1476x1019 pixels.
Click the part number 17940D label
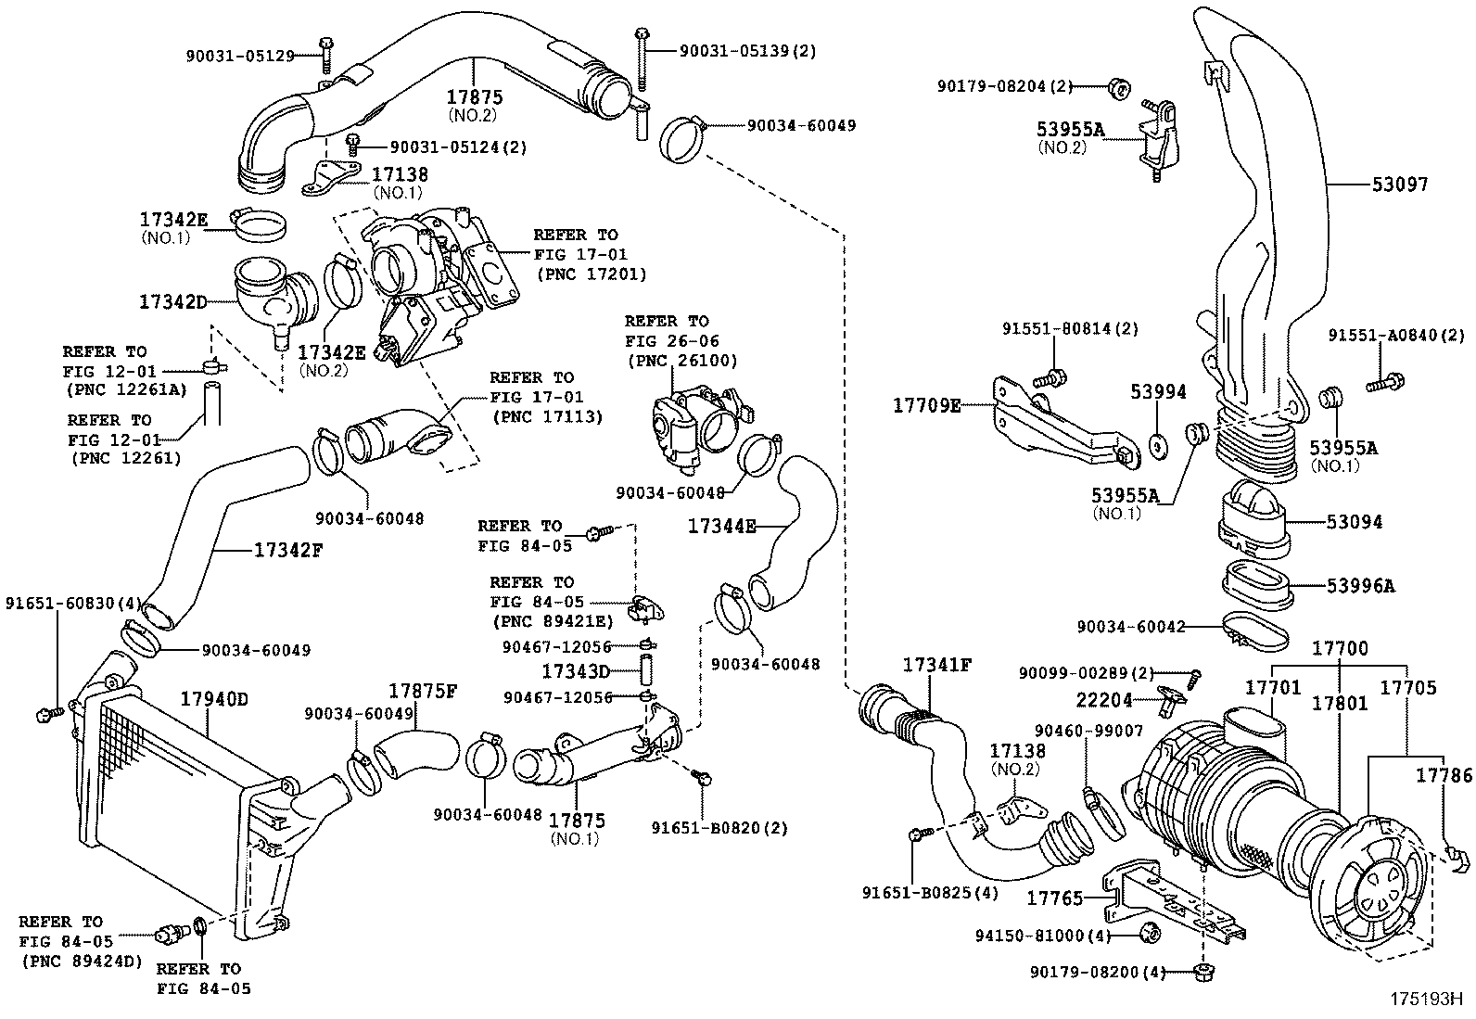[x=214, y=698]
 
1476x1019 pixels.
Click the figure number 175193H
[x=1424, y=1000]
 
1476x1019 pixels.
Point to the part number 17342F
[x=288, y=550]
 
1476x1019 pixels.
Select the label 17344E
[x=721, y=526]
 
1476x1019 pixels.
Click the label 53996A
[x=1360, y=586]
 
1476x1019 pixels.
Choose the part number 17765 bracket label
[x=1054, y=898]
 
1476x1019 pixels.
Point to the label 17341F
[x=936, y=665]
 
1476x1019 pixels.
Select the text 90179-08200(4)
[x=1097, y=972]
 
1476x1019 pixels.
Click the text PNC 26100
[x=682, y=361]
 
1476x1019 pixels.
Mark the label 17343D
[x=576, y=669]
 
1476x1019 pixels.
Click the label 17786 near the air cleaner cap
[x=1444, y=774]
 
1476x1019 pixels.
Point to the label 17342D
[x=172, y=301]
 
